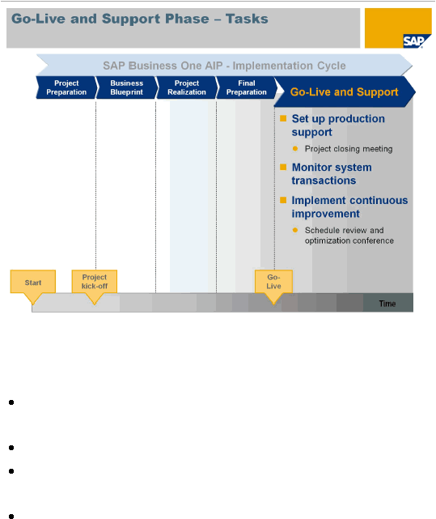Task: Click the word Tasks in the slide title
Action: (x=247, y=19)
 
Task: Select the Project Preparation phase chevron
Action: (x=66, y=87)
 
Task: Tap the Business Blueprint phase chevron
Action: (x=126, y=87)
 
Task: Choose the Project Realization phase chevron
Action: (x=187, y=87)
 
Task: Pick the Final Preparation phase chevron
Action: (x=247, y=87)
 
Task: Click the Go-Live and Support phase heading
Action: (x=344, y=91)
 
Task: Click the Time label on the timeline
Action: (x=387, y=304)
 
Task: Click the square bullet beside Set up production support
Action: (x=283, y=118)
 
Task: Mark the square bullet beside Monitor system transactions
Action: (x=283, y=167)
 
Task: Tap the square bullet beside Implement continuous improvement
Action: (x=283, y=200)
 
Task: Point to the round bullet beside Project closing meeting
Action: (x=295, y=149)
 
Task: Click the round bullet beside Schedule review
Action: (x=295, y=230)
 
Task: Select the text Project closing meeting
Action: (x=349, y=149)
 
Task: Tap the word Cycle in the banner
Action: (x=332, y=66)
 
